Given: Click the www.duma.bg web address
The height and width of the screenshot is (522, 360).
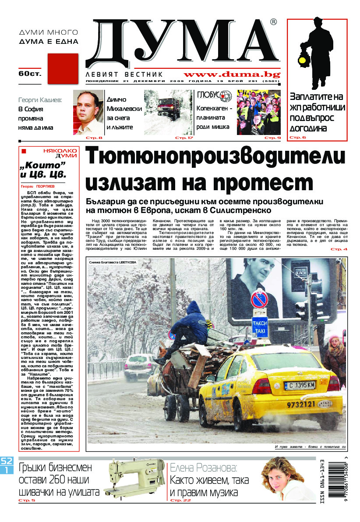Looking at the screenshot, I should pos(232,75).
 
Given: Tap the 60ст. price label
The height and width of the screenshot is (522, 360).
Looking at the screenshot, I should pos(28,74).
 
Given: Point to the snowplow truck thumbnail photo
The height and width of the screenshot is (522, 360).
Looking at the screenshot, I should pos(168,113).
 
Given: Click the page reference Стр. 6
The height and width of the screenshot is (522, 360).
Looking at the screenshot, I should pos(298,138).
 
